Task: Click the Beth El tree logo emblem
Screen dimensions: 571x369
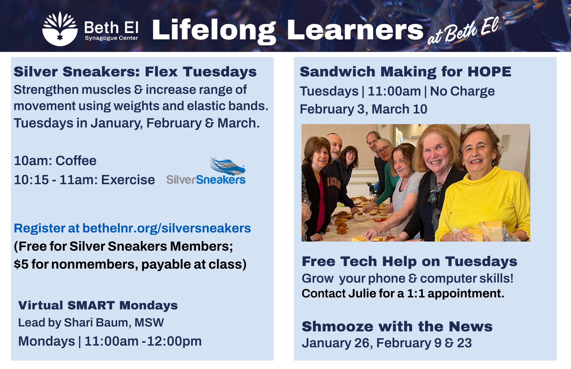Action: (60, 29)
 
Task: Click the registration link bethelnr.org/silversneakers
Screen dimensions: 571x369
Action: (167, 228)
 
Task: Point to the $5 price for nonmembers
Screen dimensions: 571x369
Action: (21, 264)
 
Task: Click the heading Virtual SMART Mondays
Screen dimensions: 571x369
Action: (98, 305)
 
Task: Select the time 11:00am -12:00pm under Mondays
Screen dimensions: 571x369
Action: (143, 341)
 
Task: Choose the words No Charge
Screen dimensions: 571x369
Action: (463, 91)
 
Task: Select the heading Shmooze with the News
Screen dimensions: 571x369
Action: (397, 327)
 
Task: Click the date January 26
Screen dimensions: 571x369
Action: (335, 343)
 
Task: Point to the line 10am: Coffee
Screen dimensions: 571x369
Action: (55, 161)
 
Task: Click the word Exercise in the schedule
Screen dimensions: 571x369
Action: (128, 180)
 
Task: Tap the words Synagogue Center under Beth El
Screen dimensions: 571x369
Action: (111, 38)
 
